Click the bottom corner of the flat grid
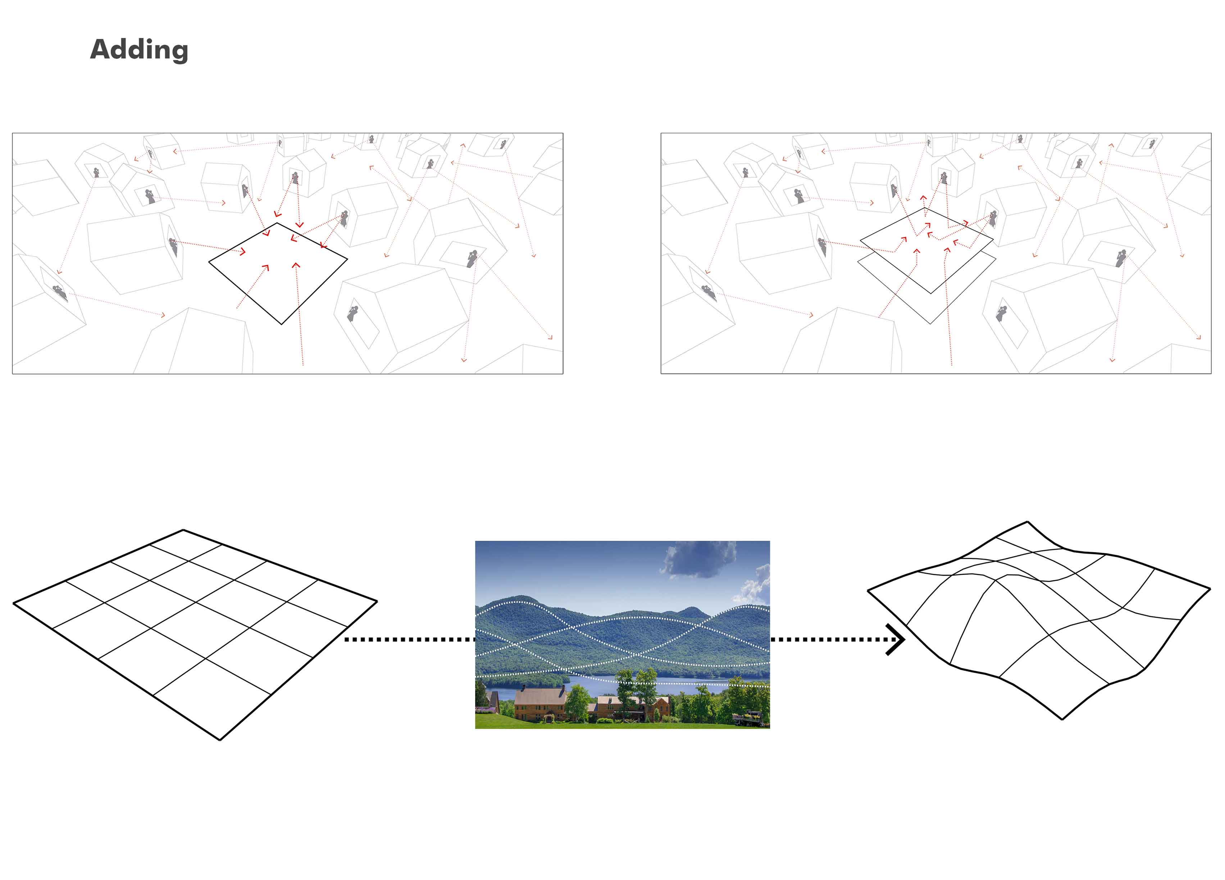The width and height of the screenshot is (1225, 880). point(220,740)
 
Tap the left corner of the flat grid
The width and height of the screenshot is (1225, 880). point(14,603)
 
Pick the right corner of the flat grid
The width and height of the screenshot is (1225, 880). point(377,601)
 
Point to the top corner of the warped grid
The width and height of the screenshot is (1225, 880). point(1027,522)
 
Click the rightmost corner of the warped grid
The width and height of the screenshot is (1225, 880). point(1210,589)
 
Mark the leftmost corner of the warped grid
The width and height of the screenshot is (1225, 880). point(868,590)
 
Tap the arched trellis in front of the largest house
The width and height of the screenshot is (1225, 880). point(550,717)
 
